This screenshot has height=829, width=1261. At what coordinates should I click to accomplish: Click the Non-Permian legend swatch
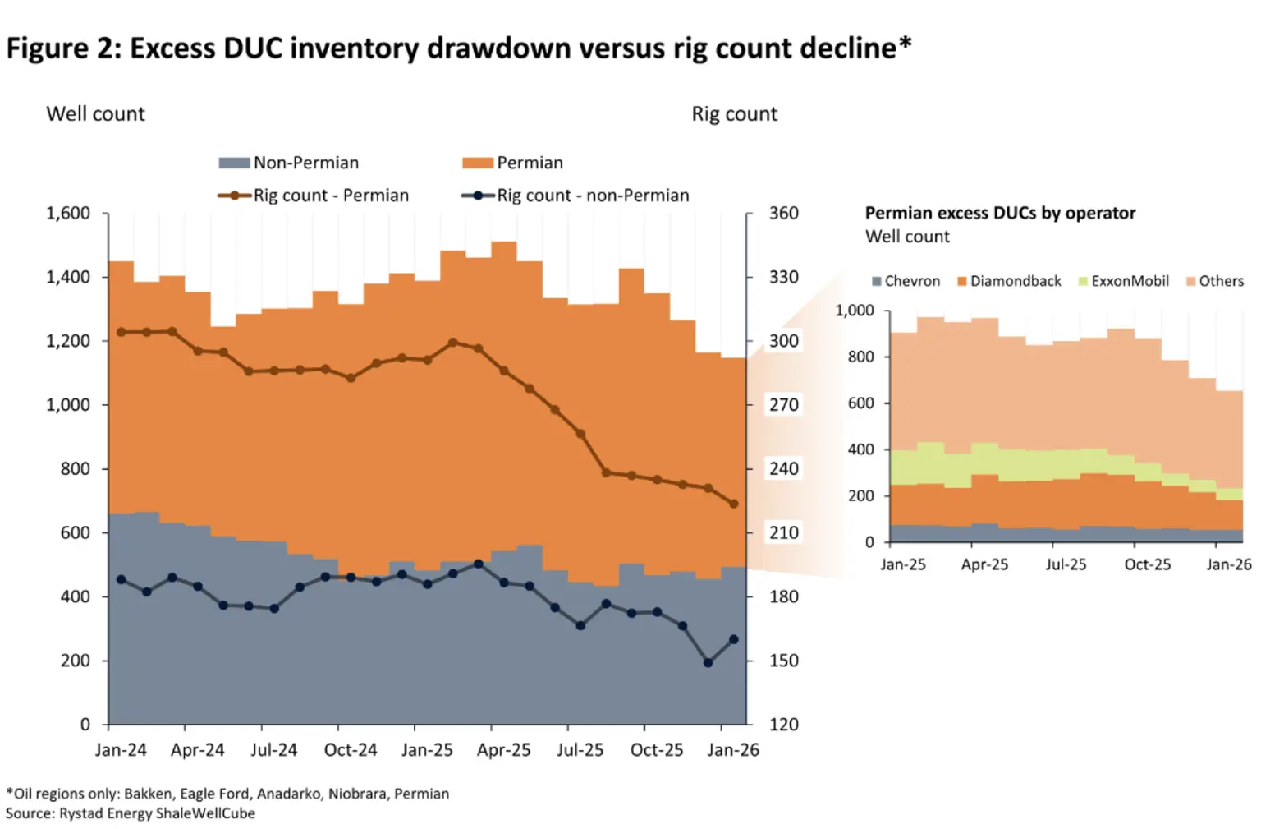click(234, 163)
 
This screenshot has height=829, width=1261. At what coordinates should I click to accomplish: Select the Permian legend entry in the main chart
click(512, 163)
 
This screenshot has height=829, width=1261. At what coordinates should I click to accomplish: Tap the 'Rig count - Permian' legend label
click(331, 196)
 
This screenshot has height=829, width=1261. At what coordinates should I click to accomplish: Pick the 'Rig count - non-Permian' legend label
click(593, 196)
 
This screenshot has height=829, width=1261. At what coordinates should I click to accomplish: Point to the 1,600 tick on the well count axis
click(68, 213)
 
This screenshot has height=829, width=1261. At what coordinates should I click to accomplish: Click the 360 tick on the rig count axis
click(784, 213)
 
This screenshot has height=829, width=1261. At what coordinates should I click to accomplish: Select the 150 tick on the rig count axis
click(784, 661)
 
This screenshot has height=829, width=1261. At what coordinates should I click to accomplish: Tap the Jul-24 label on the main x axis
click(273, 750)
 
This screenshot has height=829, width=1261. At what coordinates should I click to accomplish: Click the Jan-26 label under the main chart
click(733, 750)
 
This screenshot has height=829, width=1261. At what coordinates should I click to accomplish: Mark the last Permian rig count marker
click(733, 504)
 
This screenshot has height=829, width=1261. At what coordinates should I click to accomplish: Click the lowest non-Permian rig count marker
click(708, 663)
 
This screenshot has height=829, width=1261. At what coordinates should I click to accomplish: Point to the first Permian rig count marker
click(121, 332)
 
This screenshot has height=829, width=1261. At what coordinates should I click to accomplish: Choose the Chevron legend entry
click(906, 281)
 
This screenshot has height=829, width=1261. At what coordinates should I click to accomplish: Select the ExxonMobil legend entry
click(1124, 281)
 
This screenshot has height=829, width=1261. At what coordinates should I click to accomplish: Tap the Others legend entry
click(1215, 281)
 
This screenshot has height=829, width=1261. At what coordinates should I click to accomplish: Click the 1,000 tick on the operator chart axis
click(855, 311)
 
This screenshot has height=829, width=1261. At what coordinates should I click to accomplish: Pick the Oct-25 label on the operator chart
click(1147, 564)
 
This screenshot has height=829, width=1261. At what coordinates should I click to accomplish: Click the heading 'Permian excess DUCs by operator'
click(1001, 213)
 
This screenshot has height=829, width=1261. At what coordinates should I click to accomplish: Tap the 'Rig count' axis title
click(734, 114)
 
